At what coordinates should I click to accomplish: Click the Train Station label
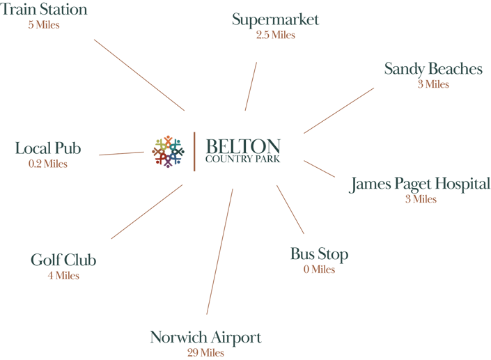[43, 9]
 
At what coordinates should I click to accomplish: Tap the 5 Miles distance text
[44, 25]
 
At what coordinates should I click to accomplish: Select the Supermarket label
[275, 20]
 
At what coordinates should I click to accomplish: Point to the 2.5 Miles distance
[276, 35]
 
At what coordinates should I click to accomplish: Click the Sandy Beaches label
[433, 69]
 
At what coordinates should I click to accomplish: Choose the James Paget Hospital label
[419, 184]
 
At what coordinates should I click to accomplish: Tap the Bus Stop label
[320, 254]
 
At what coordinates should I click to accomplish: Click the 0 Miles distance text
[319, 269]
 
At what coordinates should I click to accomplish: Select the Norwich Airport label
[205, 338]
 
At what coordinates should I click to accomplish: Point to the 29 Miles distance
[205, 353]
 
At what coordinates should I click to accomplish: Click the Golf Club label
[63, 260]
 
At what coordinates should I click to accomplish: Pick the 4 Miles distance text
[63, 276]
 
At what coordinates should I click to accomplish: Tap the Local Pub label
[48, 148]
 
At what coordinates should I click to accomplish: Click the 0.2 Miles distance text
[48, 164]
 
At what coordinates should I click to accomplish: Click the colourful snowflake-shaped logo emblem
[168, 152]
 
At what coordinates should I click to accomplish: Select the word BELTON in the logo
[243, 146]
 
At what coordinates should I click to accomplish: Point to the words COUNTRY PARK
[242, 159]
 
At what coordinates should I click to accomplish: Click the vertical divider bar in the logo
[194, 152]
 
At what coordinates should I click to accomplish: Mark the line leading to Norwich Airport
[220, 251]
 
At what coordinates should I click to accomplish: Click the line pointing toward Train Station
[139, 75]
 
